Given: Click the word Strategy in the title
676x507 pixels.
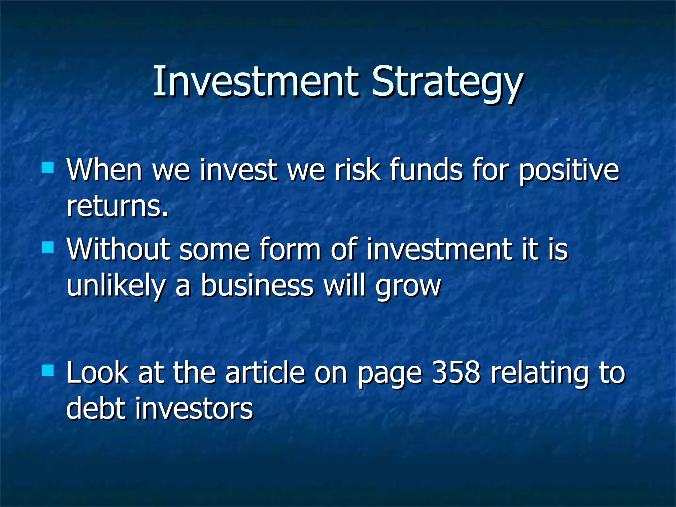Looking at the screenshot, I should (x=447, y=83).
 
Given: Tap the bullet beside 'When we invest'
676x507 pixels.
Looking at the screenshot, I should (x=48, y=167).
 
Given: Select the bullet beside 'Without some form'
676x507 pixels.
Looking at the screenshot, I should (x=48, y=247).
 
